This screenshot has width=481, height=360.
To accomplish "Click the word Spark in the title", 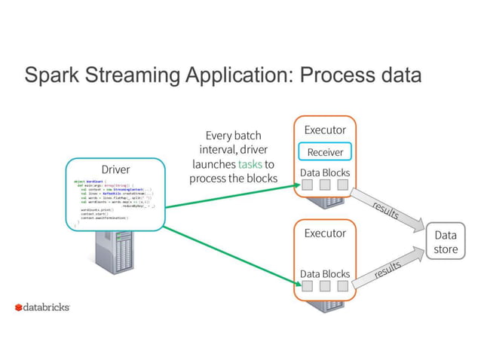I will pyautogui.click(x=51, y=76).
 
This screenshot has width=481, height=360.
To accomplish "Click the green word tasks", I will pyautogui.click(x=250, y=163).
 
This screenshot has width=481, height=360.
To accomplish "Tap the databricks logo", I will pyautogui.click(x=42, y=308).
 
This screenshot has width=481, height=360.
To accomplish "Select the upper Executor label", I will pyautogui.click(x=325, y=130).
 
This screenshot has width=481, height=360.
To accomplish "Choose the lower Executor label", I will pyautogui.click(x=325, y=233).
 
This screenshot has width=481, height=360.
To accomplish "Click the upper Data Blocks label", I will pyautogui.click(x=325, y=173).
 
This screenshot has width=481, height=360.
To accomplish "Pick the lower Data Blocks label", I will pyautogui.click(x=325, y=273).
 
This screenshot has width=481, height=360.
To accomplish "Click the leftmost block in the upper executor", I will pyautogui.click(x=307, y=186).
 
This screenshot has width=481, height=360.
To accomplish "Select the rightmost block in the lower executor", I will pyautogui.click(x=343, y=286).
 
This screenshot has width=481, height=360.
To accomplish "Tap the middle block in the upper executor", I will pyautogui.click(x=325, y=186).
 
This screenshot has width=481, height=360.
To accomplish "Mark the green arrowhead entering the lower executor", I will pyautogui.click(x=296, y=282).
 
